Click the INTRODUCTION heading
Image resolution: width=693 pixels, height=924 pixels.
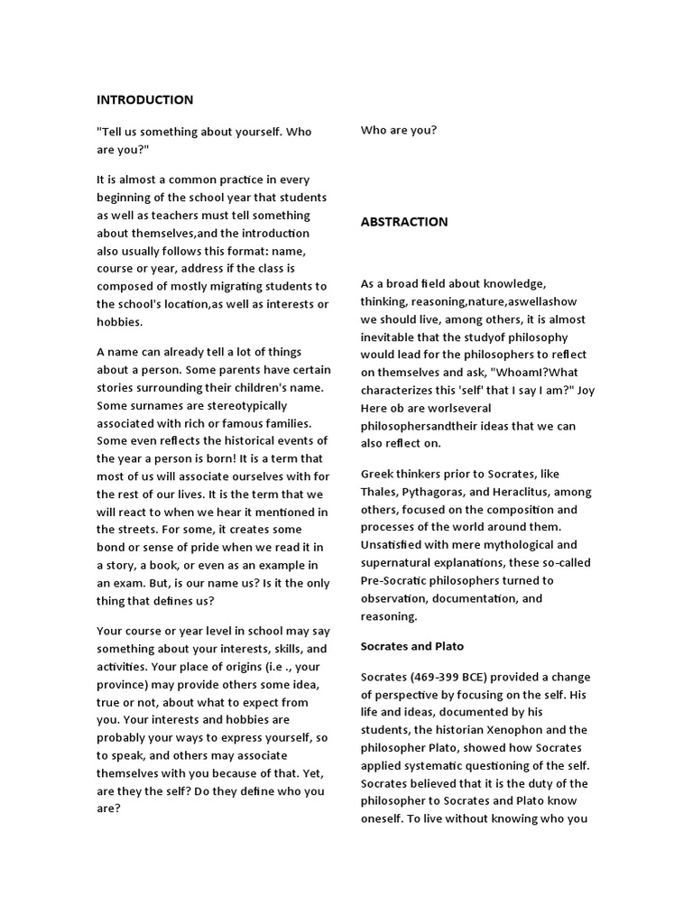144,99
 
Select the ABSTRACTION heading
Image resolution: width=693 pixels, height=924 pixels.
404,221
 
